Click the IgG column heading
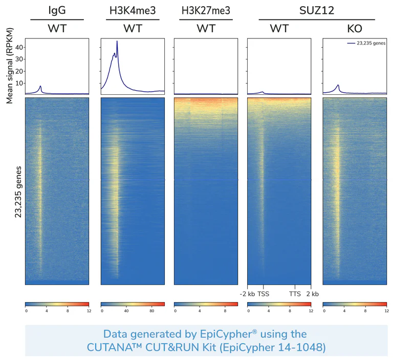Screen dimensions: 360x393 coord(57,10)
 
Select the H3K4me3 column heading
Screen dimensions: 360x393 coord(133,10)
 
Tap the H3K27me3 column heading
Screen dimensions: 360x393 coord(206,10)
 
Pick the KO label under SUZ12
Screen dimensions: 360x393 coord(354,29)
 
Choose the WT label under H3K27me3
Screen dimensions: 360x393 coord(206,29)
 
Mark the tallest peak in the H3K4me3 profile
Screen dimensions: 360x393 coord(117,41)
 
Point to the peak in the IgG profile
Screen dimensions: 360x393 coord(40,86)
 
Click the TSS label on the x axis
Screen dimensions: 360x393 coord(263,293)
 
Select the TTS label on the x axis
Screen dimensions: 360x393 coord(295,293)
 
